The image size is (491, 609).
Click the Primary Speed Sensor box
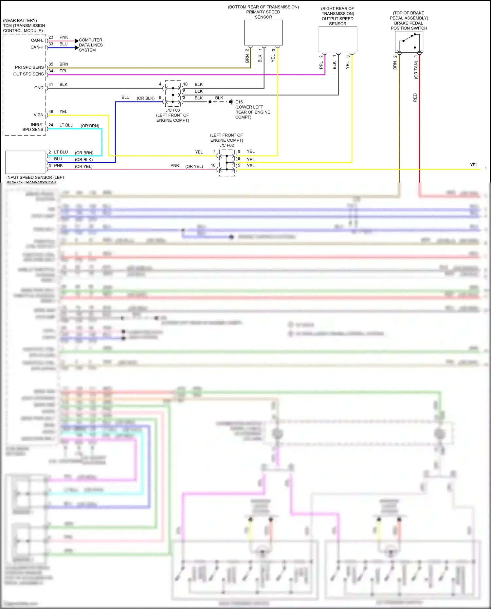(x=264, y=33)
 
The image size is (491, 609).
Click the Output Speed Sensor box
(x=338, y=39)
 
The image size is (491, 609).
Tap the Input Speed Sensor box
(x=25, y=162)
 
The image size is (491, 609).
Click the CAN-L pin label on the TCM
(x=37, y=40)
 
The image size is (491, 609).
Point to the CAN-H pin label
(x=37, y=47)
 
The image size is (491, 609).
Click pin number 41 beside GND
(x=51, y=84)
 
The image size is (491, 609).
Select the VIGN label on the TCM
(x=38, y=115)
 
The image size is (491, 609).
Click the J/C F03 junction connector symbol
(x=173, y=94)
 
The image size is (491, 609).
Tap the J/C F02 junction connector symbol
(x=227, y=163)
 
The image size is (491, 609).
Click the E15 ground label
(x=239, y=102)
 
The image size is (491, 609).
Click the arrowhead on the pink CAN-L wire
(x=77, y=41)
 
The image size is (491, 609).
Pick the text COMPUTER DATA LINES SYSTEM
(x=91, y=45)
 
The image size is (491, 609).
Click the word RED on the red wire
(x=415, y=98)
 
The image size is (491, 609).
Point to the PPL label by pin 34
(x=64, y=71)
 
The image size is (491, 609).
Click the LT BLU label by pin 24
(x=66, y=125)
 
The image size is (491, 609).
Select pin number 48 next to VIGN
(x=51, y=112)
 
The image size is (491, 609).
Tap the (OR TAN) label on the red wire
(x=416, y=70)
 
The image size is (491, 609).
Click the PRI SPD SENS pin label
(x=29, y=67)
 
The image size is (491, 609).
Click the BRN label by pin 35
(x=64, y=64)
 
